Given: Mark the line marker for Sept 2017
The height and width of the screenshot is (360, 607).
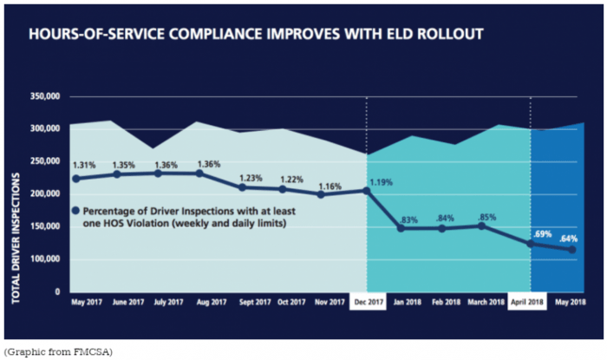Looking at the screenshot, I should (x=242, y=187).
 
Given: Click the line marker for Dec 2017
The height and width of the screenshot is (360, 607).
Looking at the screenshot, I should (x=368, y=191).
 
